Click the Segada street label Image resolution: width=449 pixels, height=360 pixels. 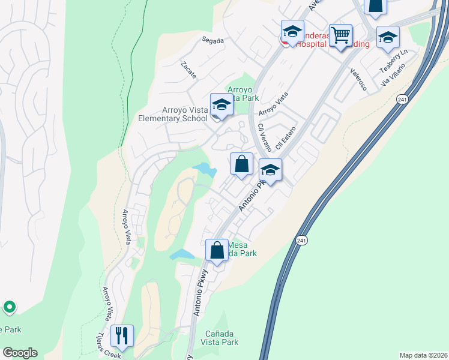coord(213,41)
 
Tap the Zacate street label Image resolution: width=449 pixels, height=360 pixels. coord(188,73)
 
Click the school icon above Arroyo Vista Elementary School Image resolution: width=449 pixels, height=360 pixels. coord(221,106)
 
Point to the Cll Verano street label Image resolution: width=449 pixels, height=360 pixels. coord(261,137)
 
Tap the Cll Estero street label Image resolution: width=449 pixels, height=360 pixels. coord(286,138)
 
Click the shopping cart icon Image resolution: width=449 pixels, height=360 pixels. coord(340,35)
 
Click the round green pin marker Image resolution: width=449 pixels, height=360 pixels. coord(9,308)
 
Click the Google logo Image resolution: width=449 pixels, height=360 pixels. coord(20,353)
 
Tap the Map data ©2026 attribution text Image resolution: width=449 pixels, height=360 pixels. coord(423,355)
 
